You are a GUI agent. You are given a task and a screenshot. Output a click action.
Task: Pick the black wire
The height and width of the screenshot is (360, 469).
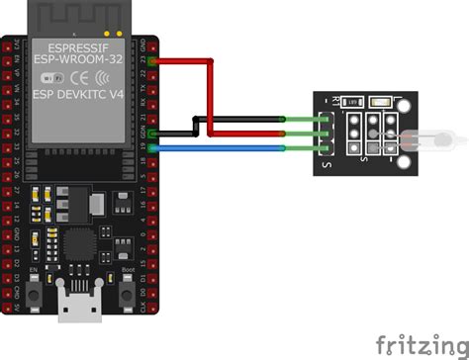pos(237,121)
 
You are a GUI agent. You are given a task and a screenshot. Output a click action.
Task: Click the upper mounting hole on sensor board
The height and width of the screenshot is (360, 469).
pos(406,104)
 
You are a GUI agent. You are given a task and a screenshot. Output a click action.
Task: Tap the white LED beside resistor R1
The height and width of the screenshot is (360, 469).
pos(379,101)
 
